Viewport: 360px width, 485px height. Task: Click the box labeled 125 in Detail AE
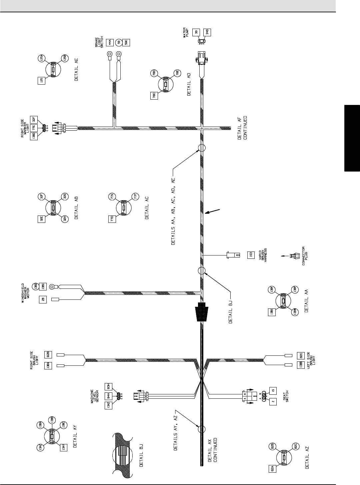point(42,81)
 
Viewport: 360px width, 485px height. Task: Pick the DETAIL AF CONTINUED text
point(243,128)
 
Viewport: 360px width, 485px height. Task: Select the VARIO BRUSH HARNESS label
point(263,255)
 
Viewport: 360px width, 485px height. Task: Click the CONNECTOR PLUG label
point(305,255)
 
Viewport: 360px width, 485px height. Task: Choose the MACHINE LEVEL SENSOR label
point(95,397)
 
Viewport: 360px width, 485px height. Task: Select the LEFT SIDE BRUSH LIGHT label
point(311,361)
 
